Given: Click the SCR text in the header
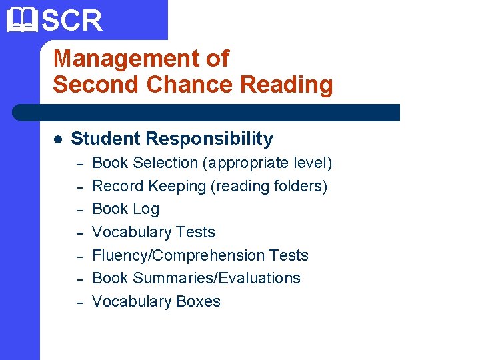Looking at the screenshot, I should tap(72, 20).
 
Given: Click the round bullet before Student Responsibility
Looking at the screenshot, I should tap(58, 139).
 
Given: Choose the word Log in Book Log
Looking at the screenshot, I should tap(145, 209).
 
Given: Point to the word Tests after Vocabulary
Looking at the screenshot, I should tap(195, 232).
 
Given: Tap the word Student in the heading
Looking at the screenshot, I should tap(105, 139).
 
